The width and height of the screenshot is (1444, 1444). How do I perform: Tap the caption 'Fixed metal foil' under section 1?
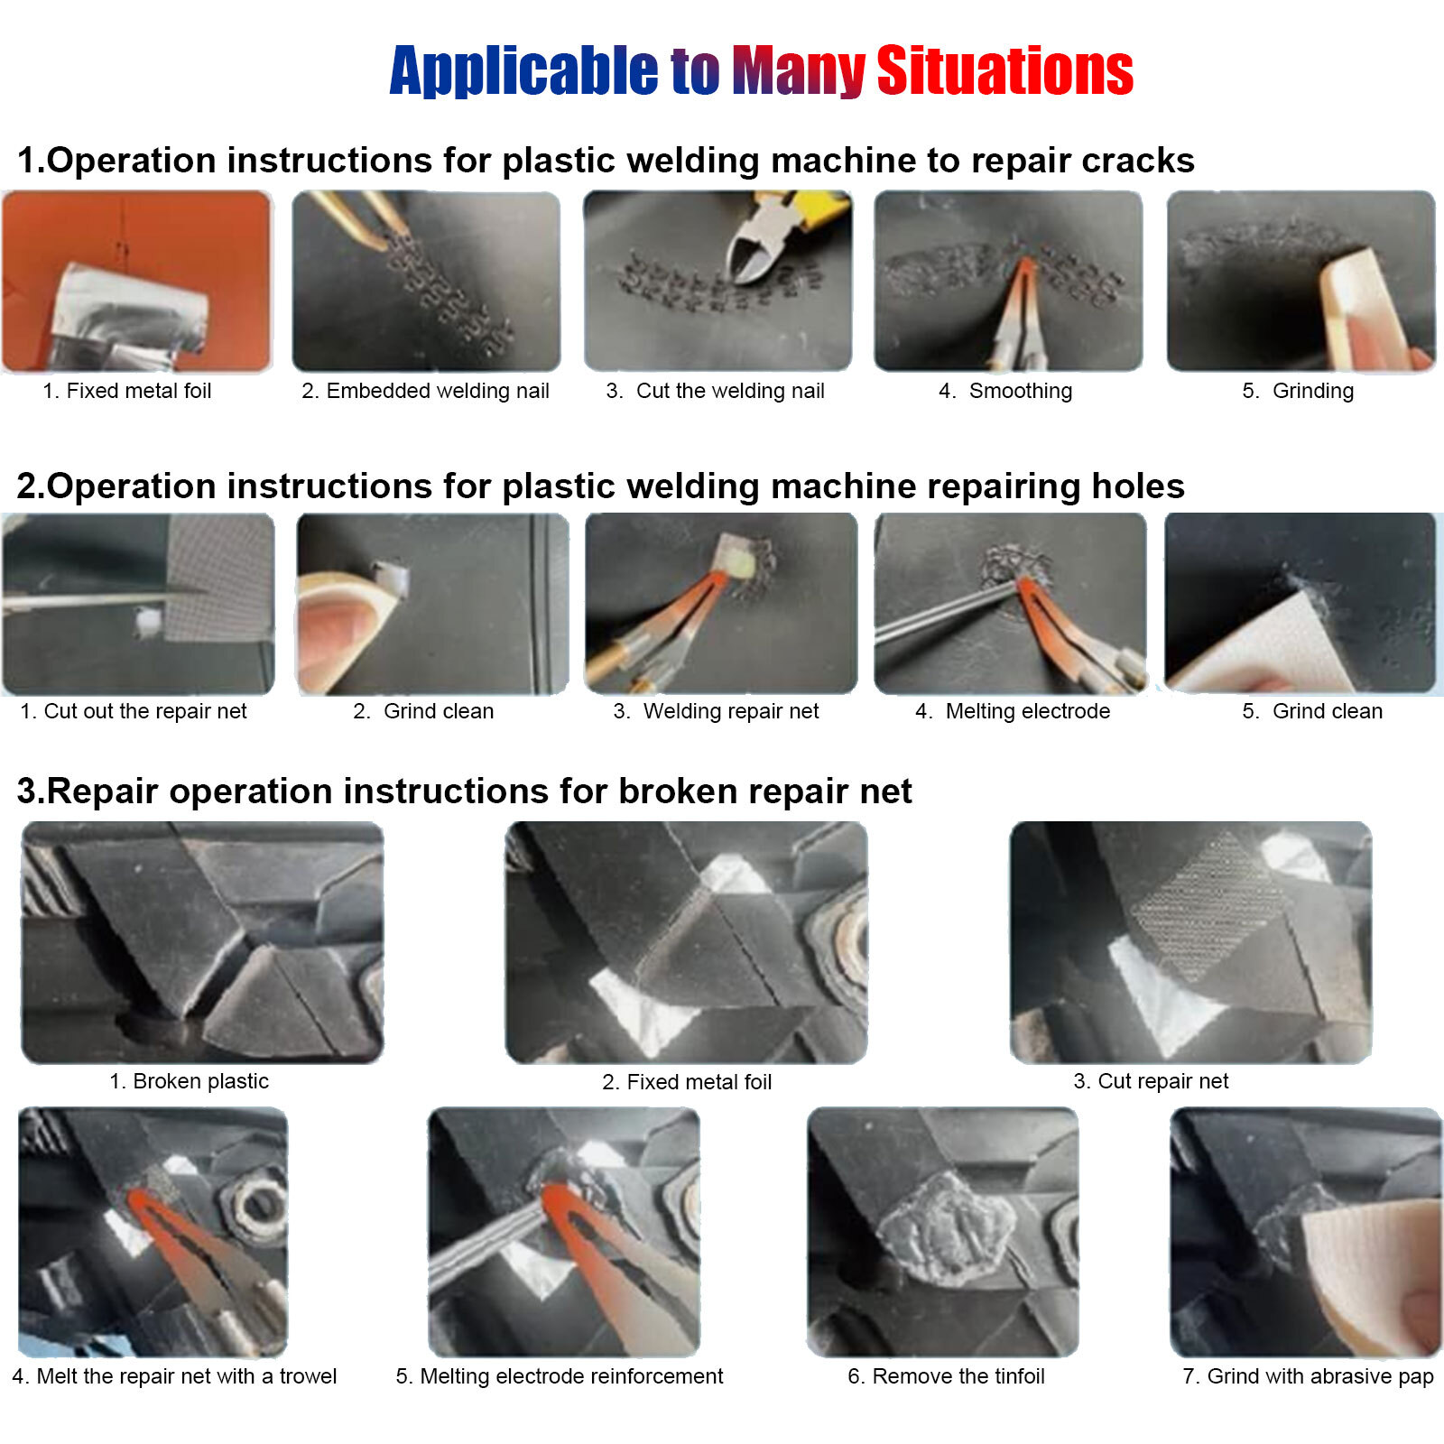click(127, 391)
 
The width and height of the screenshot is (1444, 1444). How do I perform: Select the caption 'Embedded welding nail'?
click(425, 391)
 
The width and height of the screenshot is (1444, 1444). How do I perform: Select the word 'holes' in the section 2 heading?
click(1137, 486)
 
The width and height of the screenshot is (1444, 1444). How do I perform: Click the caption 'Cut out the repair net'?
click(134, 711)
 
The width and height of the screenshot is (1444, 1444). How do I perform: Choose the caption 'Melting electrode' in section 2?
click(1013, 711)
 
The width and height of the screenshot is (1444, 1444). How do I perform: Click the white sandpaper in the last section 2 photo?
click(1273, 645)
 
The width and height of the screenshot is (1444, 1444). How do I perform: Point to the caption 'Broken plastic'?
click(189, 1081)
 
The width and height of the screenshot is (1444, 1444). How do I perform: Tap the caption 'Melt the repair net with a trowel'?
click(174, 1376)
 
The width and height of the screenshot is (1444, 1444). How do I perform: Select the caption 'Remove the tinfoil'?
click(946, 1376)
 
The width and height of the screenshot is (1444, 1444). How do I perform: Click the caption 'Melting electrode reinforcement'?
click(559, 1376)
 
